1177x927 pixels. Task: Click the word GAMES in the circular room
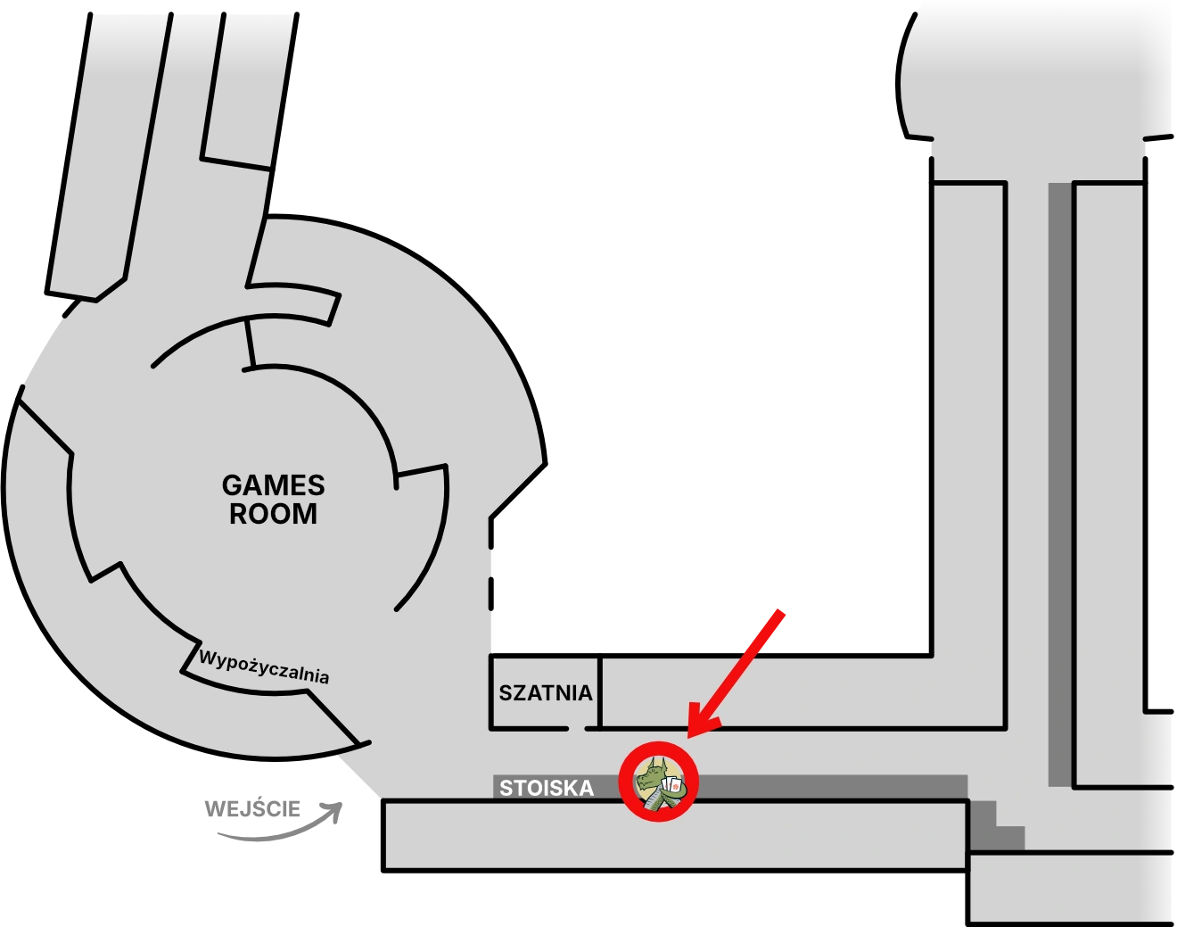(273, 486)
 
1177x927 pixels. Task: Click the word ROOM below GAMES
(273, 515)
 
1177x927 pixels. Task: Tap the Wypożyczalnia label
(264, 667)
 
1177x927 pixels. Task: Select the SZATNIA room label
(546, 693)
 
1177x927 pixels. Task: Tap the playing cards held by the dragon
(672, 787)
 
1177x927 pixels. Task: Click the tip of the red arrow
(691, 735)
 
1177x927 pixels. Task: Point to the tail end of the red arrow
(781, 612)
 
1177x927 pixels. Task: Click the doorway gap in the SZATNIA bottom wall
(576, 729)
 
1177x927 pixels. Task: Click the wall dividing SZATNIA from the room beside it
(600, 693)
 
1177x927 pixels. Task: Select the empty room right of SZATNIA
(802, 693)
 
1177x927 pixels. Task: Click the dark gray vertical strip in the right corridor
(1058, 482)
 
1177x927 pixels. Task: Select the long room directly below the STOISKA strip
(675, 835)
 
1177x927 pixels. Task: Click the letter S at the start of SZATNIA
(505, 693)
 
